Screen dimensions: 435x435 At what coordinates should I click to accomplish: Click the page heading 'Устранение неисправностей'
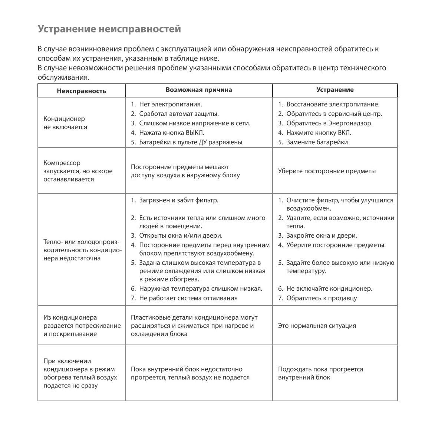coord(109,29)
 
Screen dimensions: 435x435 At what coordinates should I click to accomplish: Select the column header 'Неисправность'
coord(82,91)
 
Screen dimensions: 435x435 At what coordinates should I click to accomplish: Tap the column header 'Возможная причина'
coord(199,90)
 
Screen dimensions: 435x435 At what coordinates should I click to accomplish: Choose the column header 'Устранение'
coord(335,90)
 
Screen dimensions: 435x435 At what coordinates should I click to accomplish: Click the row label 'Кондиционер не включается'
coord(65,123)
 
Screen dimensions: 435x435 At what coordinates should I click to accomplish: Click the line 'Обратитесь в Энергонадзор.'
coord(329,123)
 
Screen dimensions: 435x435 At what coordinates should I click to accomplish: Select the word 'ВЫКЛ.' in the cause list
coord(195,133)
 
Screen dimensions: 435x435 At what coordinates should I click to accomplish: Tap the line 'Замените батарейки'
coord(317,142)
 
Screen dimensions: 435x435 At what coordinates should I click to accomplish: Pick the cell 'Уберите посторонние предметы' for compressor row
coord(327,171)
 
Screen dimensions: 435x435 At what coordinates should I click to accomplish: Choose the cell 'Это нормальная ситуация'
coord(317,326)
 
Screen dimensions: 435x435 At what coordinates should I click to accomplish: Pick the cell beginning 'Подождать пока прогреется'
coord(320,373)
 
